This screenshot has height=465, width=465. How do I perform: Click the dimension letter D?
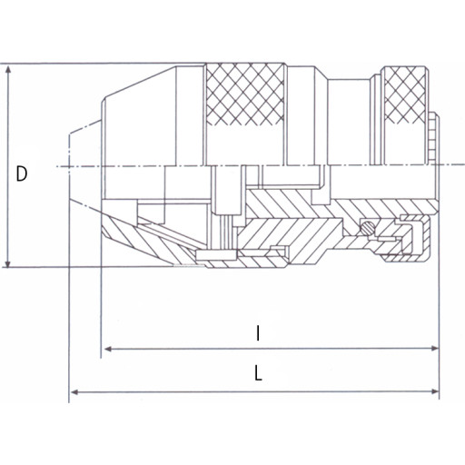click(x=22, y=173)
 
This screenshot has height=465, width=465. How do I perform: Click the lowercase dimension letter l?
click(x=258, y=333)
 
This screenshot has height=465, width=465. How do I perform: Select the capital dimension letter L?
click(x=258, y=372)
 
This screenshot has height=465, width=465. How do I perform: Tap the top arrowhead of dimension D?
click(x=8, y=70)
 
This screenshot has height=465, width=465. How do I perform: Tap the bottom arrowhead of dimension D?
click(x=8, y=262)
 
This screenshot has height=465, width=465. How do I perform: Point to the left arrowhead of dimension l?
click(x=109, y=349)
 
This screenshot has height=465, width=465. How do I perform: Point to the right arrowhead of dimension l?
click(x=433, y=348)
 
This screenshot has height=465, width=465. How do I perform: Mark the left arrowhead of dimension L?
click(x=75, y=392)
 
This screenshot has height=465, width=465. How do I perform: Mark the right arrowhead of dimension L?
click(x=433, y=391)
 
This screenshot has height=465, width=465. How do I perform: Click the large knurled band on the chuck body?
click(x=244, y=94)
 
